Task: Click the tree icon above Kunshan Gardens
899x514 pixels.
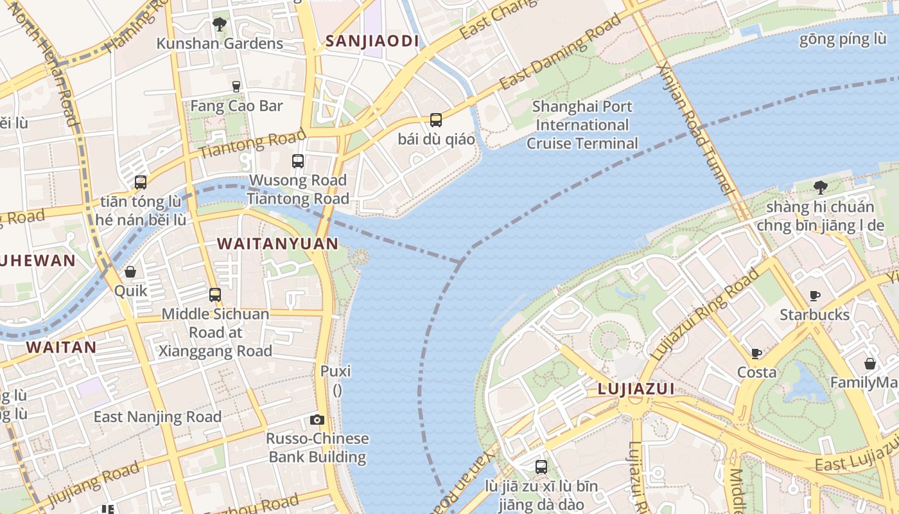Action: pos(220,24)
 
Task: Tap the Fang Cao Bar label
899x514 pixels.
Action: pos(236,106)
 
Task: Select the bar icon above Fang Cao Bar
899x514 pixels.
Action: pos(236,85)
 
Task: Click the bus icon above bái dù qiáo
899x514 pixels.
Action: pos(436,120)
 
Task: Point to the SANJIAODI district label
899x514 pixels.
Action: pos(372,41)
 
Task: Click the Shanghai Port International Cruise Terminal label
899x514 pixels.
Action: pos(582,125)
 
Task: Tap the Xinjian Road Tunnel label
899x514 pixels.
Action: pos(696,128)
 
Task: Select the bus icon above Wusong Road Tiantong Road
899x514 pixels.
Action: pos(298,161)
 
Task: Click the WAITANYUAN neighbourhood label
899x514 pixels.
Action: pos(277,244)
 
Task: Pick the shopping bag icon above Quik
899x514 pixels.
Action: pos(130,272)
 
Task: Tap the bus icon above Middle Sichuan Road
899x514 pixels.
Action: pos(215,295)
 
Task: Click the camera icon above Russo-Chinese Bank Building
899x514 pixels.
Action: pos(317,420)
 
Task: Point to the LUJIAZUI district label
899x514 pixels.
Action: pos(636,389)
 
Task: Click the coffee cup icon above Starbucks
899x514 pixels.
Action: pos(814,296)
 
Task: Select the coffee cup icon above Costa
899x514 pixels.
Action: pos(756,353)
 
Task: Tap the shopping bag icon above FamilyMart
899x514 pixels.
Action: pos(870,364)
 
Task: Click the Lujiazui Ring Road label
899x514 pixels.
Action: pos(705,315)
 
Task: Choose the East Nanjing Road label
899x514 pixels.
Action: pos(157,416)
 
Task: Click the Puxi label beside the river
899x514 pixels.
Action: pos(336,371)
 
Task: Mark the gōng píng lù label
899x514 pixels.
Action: pos(842,39)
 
